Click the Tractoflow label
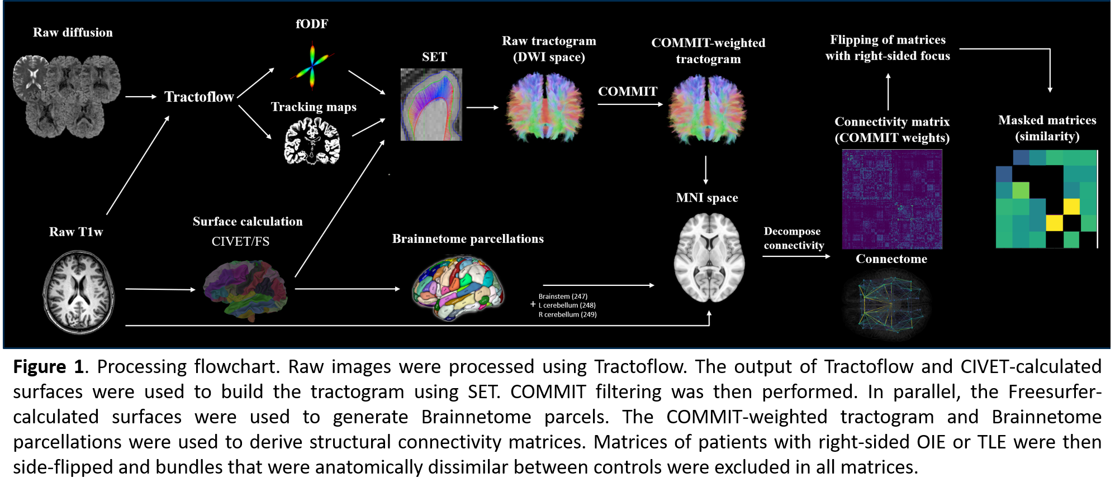(199, 97)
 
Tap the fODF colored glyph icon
(312, 65)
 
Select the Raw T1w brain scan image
(79, 292)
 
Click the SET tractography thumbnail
(431, 104)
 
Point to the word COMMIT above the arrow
(628, 92)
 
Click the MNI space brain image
(709, 257)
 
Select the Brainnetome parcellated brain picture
(458, 288)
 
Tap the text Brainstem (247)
(563, 297)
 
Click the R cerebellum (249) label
(567, 315)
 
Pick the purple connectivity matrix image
(892, 199)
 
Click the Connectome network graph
(887, 304)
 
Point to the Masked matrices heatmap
(1046, 199)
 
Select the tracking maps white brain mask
(312, 142)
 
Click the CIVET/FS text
(240, 242)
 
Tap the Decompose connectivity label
(794, 238)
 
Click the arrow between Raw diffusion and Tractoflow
(141, 97)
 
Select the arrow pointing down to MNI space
(706, 170)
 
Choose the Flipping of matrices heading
(888, 47)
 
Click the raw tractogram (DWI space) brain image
(545, 108)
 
